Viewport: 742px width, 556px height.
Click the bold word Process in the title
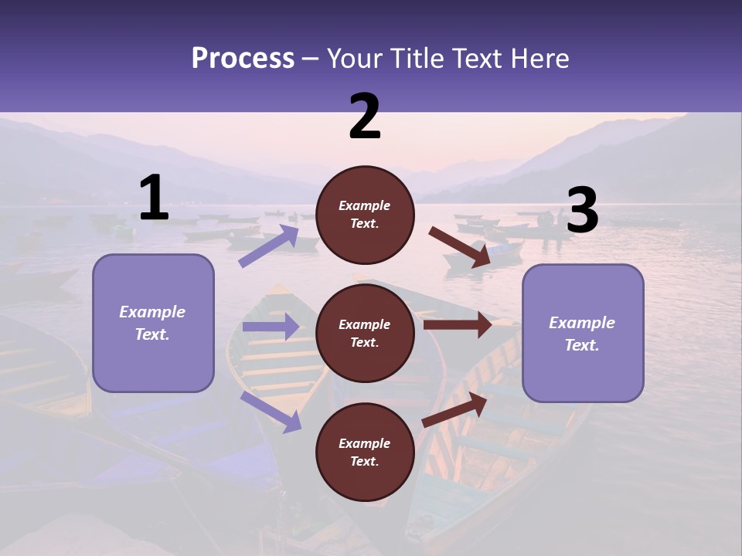pyautogui.click(x=243, y=59)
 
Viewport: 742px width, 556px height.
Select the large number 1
pyautogui.click(x=154, y=198)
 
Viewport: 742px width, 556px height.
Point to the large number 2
pyautogui.click(x=365, y=117)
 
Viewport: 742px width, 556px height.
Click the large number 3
pyautogui.click(x=582, y=211)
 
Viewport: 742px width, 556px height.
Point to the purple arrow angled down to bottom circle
pyautogui.click(x=271, y=412)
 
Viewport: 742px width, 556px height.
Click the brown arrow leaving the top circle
pyautogui.click(x=460, y=248)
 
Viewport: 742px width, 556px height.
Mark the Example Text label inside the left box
pyautogui.click(x=152, y=323)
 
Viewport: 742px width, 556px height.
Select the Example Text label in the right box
pyautogui.click(x=582, y=334)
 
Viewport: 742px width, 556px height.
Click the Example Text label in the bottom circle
pyautogui.click(x=365, y=453)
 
